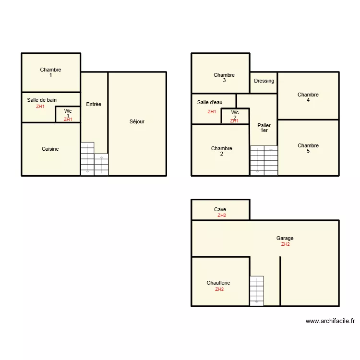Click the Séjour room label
137,121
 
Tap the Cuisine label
50,149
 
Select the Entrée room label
94,104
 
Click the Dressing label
264,81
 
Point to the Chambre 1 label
50,72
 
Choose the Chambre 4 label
308,97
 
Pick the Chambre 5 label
308,148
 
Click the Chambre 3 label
224,78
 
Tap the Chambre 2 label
221,151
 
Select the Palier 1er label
264,128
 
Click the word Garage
285,238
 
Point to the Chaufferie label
218,283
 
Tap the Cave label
220,209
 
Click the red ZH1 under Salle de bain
40,107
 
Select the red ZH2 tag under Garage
285,244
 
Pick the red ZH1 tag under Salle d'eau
212,112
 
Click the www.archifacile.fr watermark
330,321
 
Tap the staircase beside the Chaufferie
257,290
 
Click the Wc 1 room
68,114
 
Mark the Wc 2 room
235,116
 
